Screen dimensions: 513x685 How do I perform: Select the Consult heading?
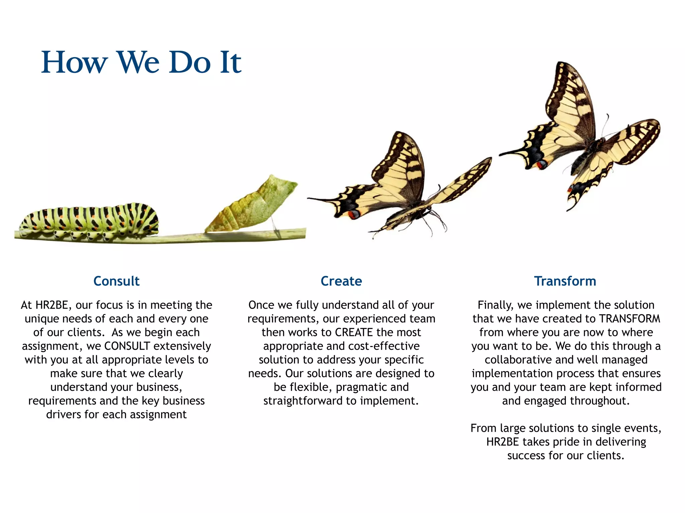pyautogui.click(x=116, y=281)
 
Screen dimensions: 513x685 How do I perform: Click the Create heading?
pyautogui.click(x=341, y=281)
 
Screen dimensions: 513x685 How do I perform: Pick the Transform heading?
pyautogui.click(x=565, y=281)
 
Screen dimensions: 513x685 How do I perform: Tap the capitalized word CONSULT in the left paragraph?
pyautogui.click(x=127, y=346)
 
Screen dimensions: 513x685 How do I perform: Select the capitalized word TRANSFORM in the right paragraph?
pyautogui.click(x=629, y=319)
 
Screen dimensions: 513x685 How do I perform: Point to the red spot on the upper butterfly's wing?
pyautogui.click(x=541, y=165)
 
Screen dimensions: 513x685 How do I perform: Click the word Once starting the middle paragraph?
pyautogui.click(x=261, y=305)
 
